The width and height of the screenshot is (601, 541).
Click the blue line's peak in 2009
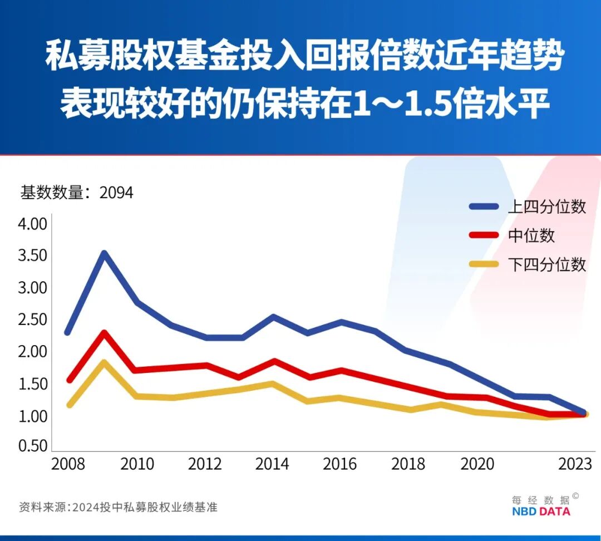point(104,254)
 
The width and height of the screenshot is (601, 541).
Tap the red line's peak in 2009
point(104,333)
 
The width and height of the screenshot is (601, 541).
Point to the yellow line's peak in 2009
point(104,362)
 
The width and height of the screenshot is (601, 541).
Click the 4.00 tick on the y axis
point(33,224)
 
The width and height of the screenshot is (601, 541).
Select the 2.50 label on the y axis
point(33,320)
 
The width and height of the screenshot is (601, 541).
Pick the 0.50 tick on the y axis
point(33,446)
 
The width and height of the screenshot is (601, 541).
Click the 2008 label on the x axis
point(68,464)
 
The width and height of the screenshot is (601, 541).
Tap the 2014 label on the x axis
point(272,464)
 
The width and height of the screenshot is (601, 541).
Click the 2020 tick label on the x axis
point(477,464)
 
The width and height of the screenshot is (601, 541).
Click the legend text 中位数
point(531,235)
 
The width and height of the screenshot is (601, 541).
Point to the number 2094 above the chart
point(116,193)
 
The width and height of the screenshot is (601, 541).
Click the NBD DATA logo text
point(541,511)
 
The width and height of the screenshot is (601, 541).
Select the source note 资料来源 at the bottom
point(43,507)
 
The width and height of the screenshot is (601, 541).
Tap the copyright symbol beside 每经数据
point(575,496)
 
